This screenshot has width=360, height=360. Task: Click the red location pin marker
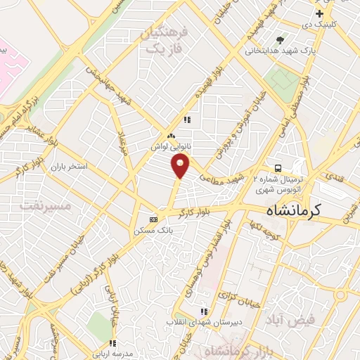(181, 167)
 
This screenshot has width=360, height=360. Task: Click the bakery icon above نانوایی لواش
(170, 136)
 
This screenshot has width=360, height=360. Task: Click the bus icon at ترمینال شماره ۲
(278, 168)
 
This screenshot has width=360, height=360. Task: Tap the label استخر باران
(67, 167)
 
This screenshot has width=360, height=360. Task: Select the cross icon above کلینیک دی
(320, 13)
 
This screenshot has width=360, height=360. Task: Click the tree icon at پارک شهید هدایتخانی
(280, 40)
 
